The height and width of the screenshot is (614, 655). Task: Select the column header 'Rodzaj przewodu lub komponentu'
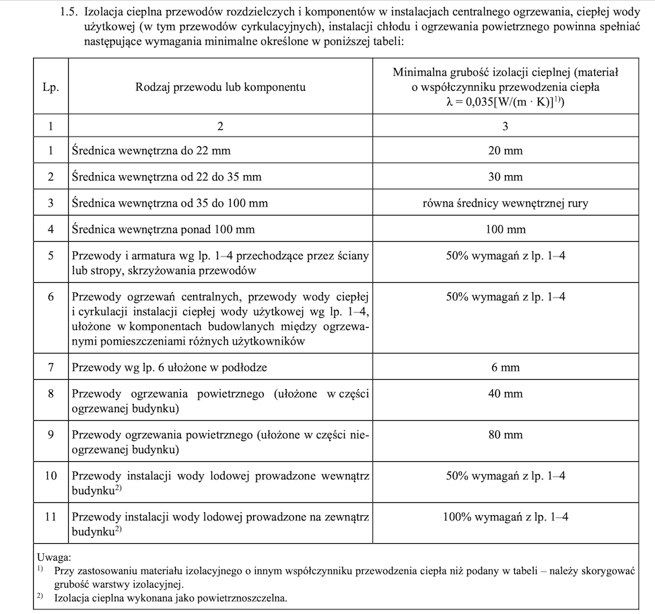point(220,87)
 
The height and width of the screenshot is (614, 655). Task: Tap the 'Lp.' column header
point(50,87)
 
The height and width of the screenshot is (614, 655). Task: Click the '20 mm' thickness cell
point(505,151)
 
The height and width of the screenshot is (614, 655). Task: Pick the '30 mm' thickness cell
point(505,177)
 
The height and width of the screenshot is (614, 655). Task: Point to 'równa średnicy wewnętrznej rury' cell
point(505,203)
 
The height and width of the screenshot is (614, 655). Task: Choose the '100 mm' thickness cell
point(505,230)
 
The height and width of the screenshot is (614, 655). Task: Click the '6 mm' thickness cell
point(505,368)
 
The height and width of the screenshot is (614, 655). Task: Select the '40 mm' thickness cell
point(505,394)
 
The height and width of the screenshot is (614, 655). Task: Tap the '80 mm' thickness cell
point(505,435)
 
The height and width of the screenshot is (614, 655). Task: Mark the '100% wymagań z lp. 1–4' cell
point(505,517)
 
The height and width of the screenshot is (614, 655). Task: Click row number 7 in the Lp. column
point(50,368)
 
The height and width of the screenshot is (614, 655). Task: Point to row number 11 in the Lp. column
point(50,517)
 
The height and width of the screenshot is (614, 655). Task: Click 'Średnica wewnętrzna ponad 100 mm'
point(163,230)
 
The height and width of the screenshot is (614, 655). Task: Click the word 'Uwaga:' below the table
point(54,557)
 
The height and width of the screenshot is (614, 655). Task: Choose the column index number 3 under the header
point(505,126)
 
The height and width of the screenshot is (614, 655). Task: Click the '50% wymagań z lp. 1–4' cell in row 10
point(505,476)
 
